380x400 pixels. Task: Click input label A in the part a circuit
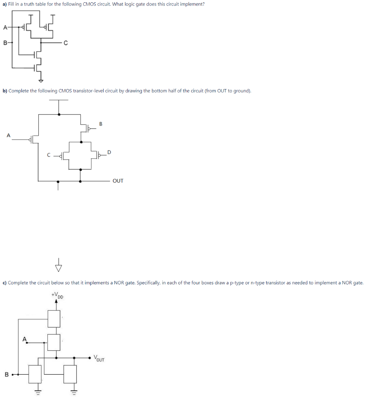click(x=5, y=27)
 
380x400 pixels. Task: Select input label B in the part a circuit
click(x=5, y=43)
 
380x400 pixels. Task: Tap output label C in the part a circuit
click(x=66, y=43)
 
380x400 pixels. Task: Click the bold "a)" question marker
click(x=5, y=4)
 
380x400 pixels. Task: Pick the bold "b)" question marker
click(x=5, y=91)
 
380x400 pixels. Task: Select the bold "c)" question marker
click(x=5, y=282)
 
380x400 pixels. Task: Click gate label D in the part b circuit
click(x=109, y=152)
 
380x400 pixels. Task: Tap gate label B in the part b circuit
click(x=100, y=124)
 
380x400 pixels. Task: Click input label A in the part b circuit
click(x=8, y=135)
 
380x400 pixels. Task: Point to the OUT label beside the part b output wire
click(x=118, y=181)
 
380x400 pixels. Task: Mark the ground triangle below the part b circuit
click(x=59, y=268)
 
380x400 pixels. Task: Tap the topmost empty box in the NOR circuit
click(x=54, y=318)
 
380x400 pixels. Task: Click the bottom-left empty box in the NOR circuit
click(x=35, y=374)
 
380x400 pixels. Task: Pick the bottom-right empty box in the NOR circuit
click(x=70, y=374)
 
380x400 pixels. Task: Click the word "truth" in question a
click(x=40, y=4)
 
